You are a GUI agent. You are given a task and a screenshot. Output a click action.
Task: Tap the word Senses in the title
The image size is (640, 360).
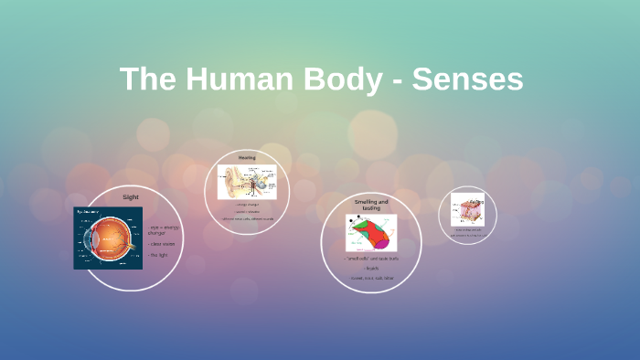tap(467, 79)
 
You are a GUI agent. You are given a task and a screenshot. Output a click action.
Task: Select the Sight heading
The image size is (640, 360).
tap(130, 196)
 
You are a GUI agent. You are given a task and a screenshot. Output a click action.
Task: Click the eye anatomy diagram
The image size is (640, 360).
tap(108, 238)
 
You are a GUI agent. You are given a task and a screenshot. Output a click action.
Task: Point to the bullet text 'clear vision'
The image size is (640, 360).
tap(160, 244)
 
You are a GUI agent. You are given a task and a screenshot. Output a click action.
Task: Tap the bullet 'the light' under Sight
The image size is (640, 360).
tap(158, 255)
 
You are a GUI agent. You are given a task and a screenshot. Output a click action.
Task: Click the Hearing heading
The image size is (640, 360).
tap(247, 158)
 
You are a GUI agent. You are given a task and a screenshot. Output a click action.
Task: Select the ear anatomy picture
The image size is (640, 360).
tap(247, 182)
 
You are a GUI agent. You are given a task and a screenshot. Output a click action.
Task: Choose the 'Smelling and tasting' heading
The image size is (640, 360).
tap(371, 204)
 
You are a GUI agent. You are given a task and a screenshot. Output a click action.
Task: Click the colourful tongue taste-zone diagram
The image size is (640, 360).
tap(371, 233)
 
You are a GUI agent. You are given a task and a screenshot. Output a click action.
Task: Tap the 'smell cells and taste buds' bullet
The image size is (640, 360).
tap(371, 259)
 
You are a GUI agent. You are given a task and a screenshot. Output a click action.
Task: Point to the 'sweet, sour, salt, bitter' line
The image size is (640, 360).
tap(371, 278)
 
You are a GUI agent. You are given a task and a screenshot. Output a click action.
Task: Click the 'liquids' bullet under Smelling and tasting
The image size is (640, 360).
tap(371, 269)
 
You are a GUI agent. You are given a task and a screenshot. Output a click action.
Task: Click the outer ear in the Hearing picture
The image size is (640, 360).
tap(231, 182)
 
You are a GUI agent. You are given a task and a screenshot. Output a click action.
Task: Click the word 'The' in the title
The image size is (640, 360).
tap(147, 79)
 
